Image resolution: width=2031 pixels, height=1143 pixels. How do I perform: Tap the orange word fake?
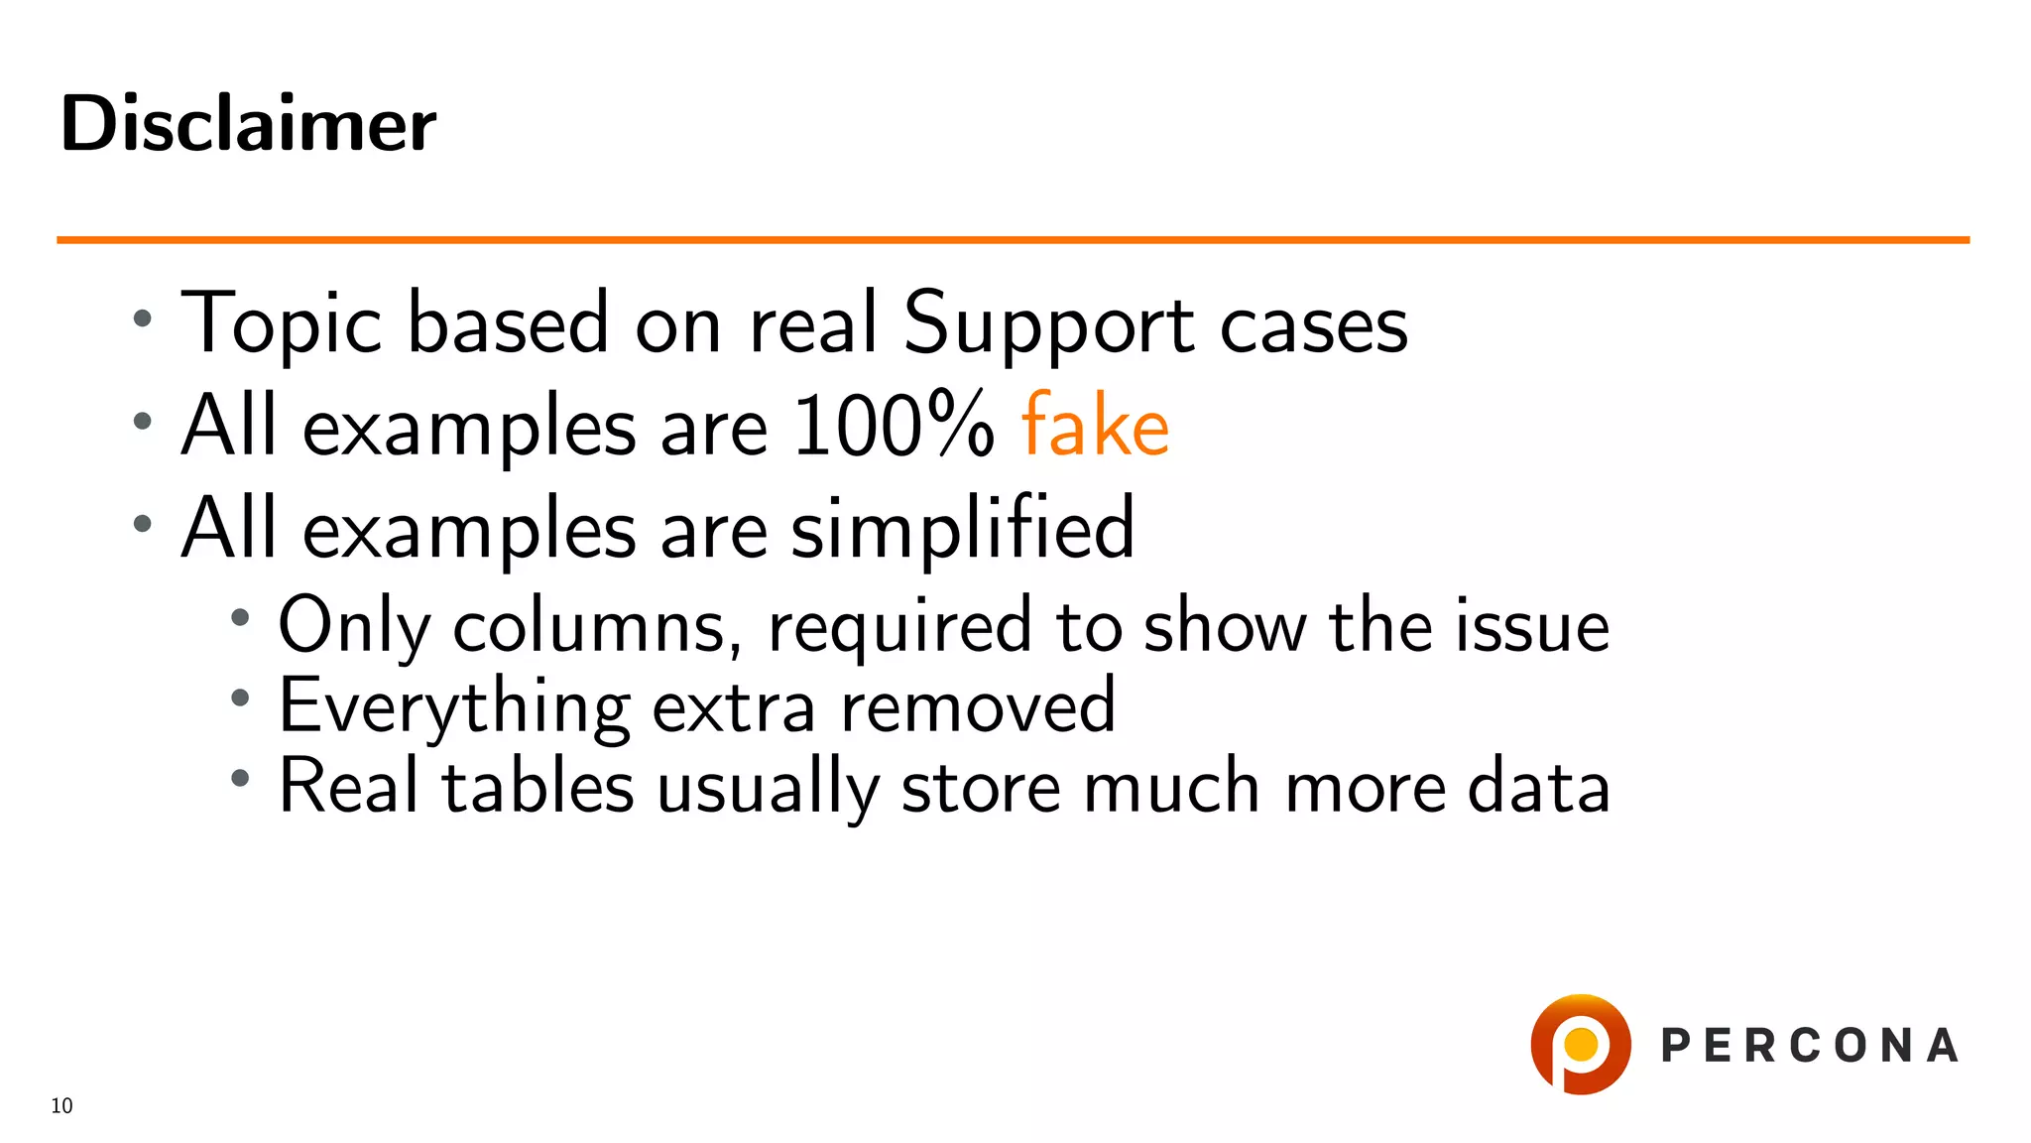pyautogui.click(x=1095, y=426)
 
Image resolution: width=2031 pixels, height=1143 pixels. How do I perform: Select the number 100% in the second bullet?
pyautogui.click(x=893, y=426)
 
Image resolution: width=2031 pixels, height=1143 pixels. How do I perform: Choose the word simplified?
pyautogui.click(x=962, y=528)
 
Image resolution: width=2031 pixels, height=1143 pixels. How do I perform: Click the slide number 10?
pyautogui.click(x=61, y=1106)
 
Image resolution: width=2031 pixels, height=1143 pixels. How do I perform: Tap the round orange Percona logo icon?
pyautogui.click(x=1580, y=1045)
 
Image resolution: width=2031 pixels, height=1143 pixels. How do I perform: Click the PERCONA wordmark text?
pyautogui.click(x=1810, y=1046)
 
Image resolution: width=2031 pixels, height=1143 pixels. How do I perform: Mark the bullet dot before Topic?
pyautogui.click(x=143, y=318)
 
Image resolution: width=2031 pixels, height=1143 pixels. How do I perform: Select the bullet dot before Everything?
pyautogui.click(x=239, y=698)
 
